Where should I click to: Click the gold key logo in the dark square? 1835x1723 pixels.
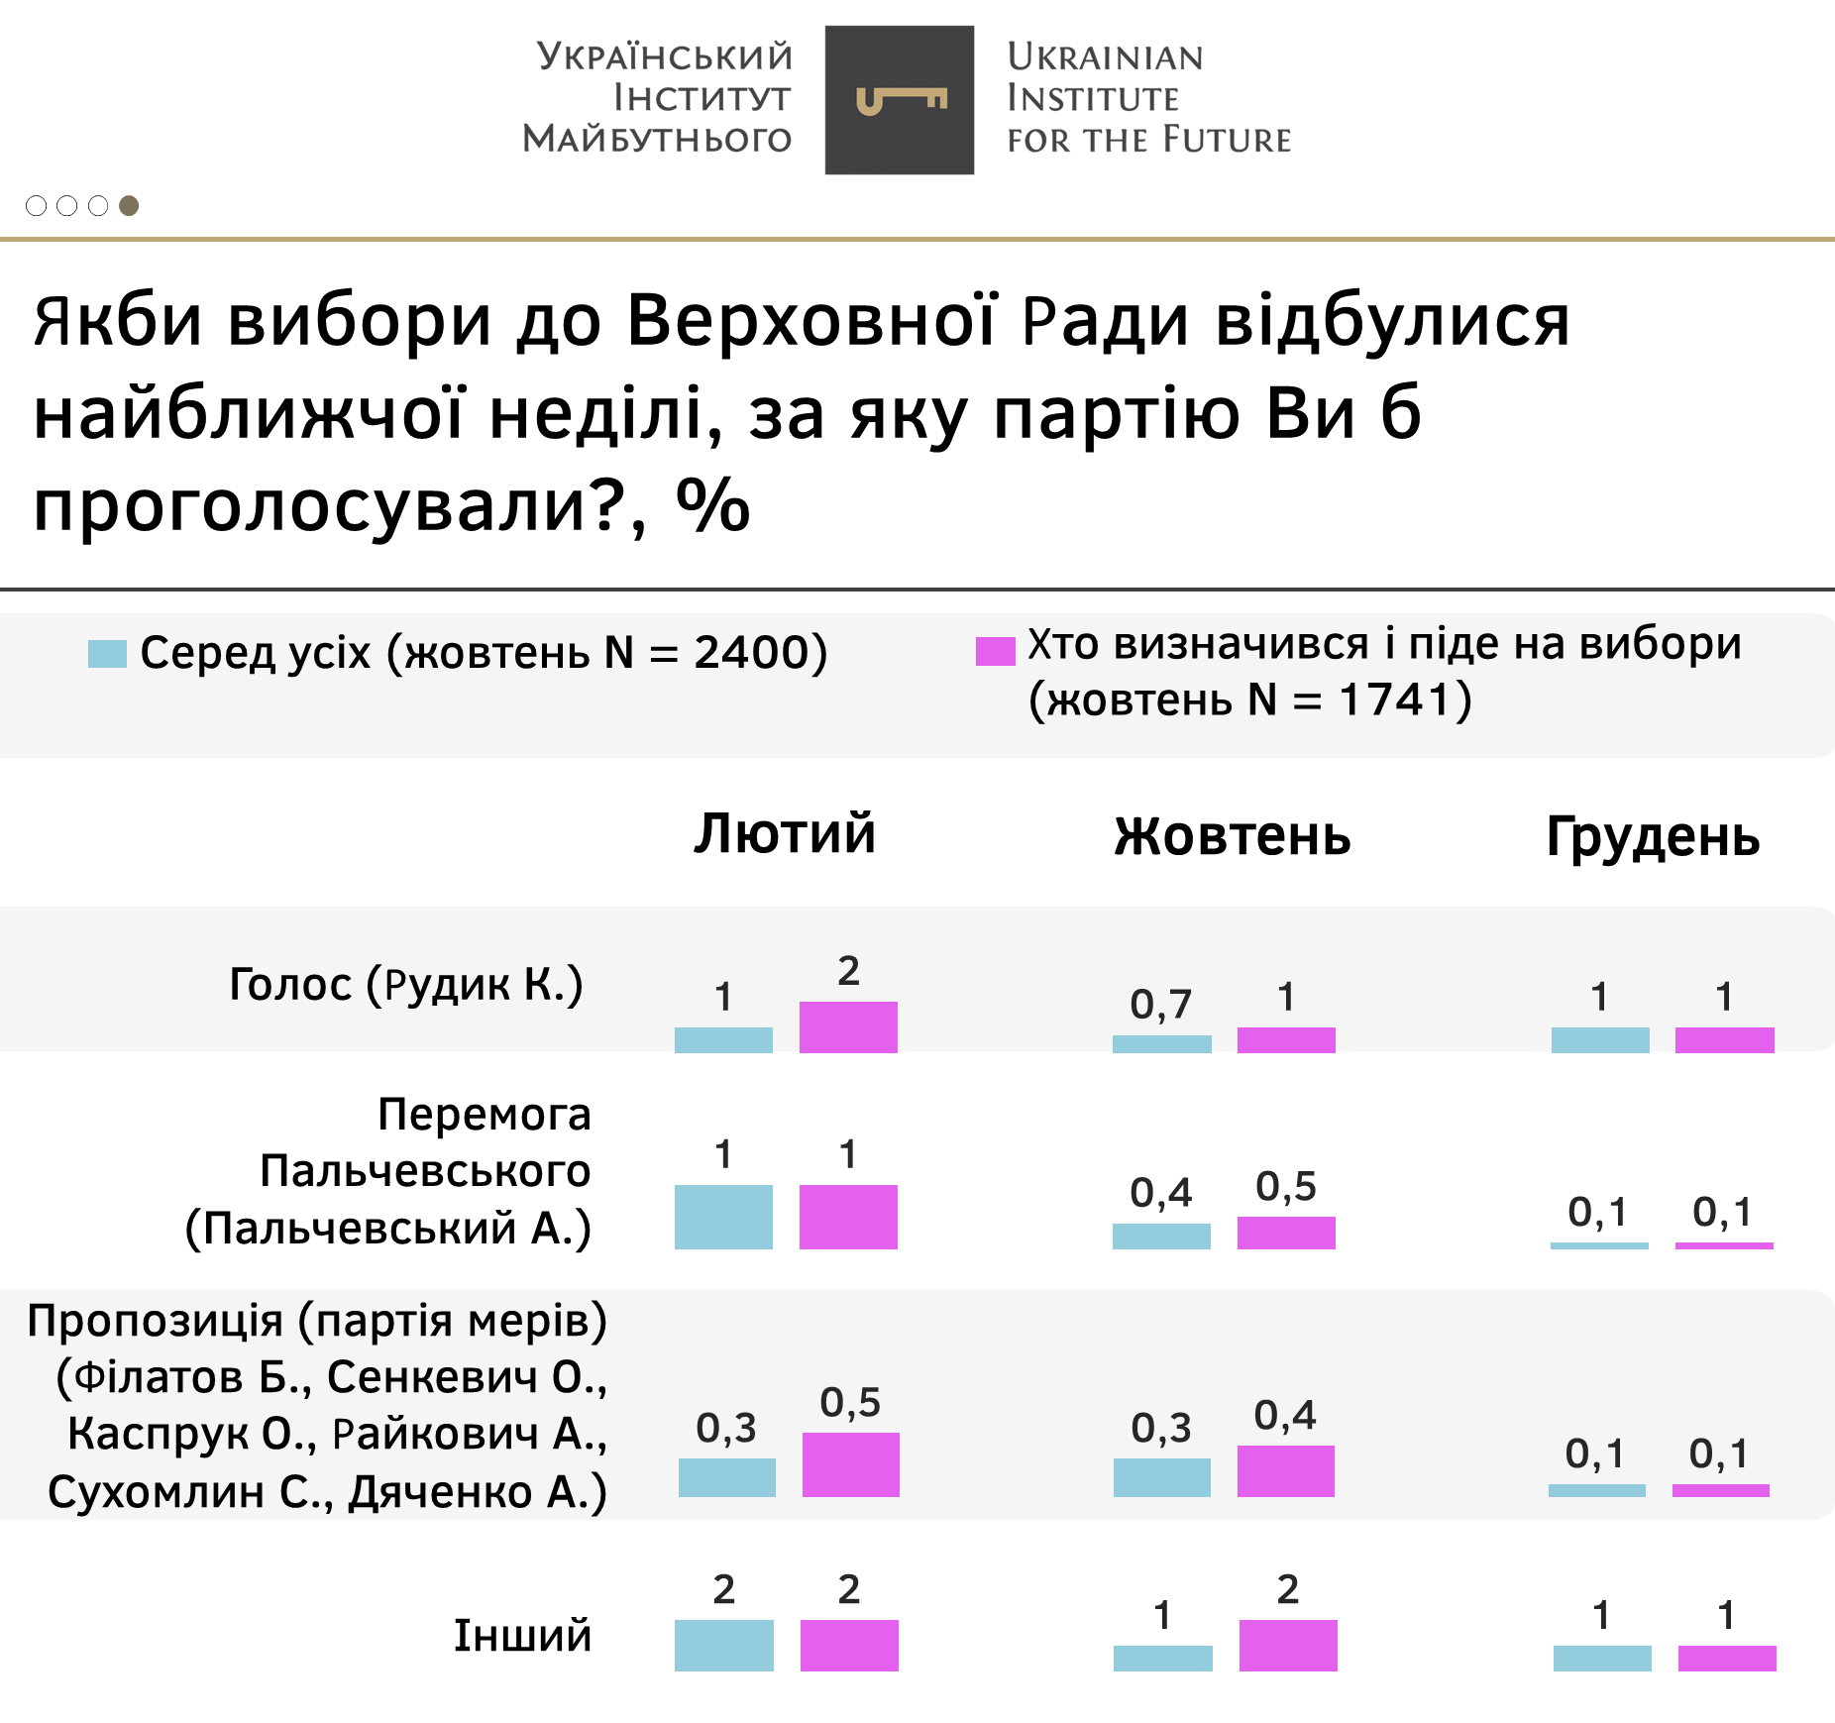click(x=901, y=100)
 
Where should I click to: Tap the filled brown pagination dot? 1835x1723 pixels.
click(x=129, y=205)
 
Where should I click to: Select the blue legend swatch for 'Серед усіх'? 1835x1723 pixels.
click(x=107, y=654)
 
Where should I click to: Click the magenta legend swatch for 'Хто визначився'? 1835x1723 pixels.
click(x=995, y=651)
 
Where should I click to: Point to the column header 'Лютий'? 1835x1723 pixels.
click(x=785, y=833)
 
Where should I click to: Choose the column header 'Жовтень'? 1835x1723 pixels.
click(x=1232, y=836)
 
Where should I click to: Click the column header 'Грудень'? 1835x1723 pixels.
click(x=1653, y=836)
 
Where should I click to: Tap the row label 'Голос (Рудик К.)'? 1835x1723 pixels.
click(x=406, y=984)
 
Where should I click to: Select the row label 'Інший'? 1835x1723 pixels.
click(x=522, y=1636)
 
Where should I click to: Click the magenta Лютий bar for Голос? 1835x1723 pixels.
click(x=848, y=1027)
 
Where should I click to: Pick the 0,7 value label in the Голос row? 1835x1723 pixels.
click(x=1160, y=1005)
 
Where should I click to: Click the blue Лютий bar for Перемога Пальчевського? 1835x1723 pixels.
click(x=723, y=1217)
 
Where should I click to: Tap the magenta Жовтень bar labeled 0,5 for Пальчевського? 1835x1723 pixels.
click(x=1286, y=1233)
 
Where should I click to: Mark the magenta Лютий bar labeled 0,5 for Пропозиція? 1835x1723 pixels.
click(x=850, y=1464)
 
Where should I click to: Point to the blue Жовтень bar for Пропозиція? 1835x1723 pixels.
click(x=1161, y=1477)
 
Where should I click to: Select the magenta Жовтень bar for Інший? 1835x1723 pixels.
click(x=1287, y=1646)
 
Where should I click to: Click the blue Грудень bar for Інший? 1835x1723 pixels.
click(x=1601, y=1659)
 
